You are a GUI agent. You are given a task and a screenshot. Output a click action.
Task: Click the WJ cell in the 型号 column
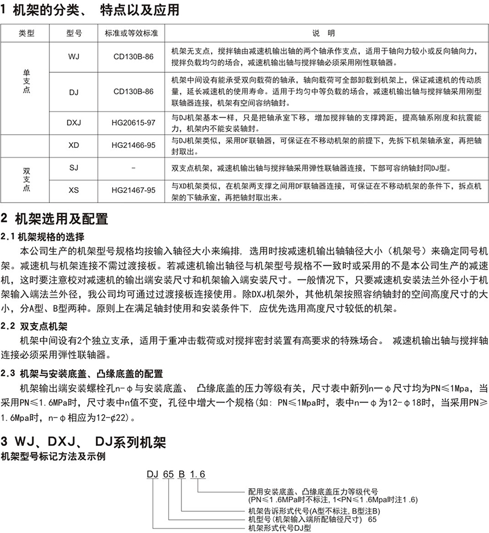click(x=73, y=57)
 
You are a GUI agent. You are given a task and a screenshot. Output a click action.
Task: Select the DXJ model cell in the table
click(x=73, y=123)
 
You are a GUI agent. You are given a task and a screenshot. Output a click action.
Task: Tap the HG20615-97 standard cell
click(x=133, y=123)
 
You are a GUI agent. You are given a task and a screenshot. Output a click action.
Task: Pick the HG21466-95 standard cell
click(x=133, y=145)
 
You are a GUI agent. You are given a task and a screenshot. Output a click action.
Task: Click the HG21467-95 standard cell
click(x=133, y=191)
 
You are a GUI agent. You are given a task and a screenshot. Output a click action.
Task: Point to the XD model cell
click(x=73, y=145)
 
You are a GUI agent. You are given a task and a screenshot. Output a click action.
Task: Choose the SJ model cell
click(x=73, y=168)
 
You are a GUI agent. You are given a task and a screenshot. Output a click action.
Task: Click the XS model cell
click(x=73, y=191)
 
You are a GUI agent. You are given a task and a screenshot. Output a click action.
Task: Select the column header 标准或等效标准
click(x=133, y=33)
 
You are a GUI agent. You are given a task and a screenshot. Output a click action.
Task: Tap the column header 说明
click(x=327, y=33)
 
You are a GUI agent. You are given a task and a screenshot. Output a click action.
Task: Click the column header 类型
click(x=26, y=33)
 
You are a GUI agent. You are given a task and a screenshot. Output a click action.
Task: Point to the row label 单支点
click(x=26, y=81)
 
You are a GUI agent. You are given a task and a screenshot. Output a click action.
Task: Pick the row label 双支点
click(x=26, y=179)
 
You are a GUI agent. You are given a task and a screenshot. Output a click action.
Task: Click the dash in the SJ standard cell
click(x=133, y=168)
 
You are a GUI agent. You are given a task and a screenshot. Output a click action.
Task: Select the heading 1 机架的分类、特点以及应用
click(x=90, y=10)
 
